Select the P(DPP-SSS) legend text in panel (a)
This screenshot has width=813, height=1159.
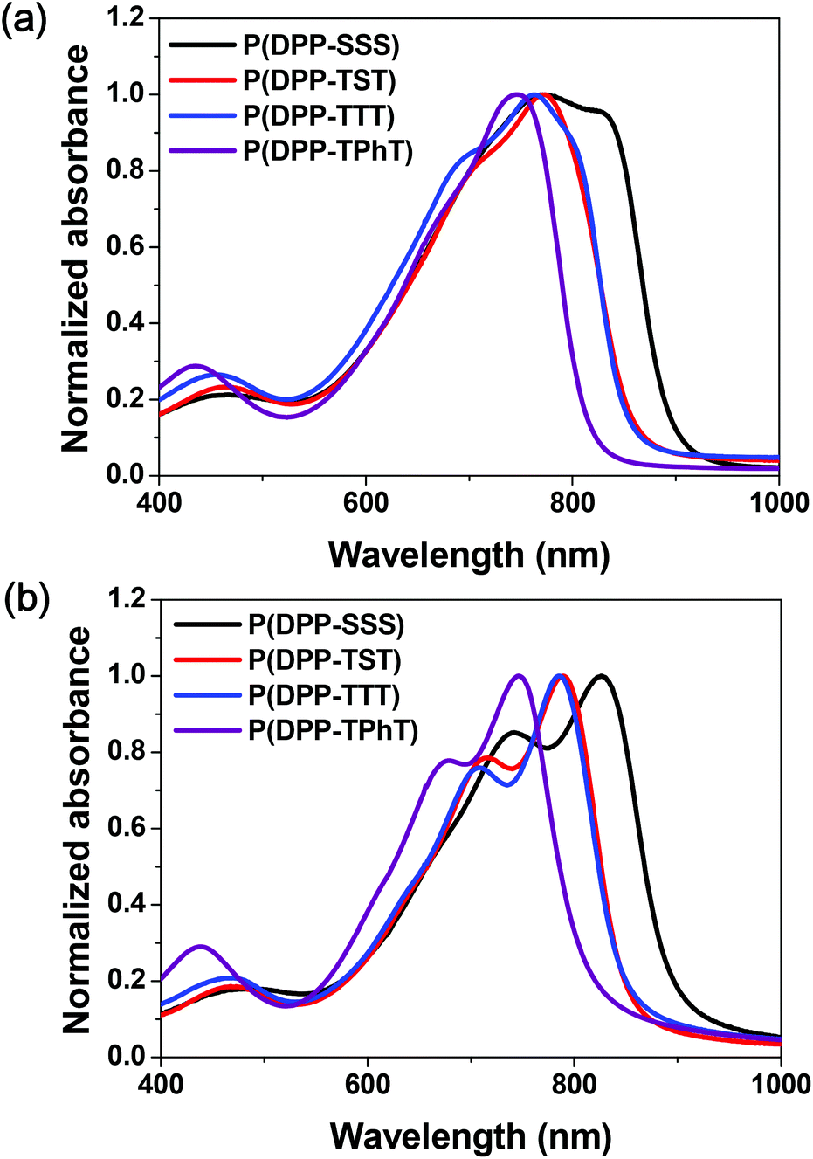(x=320, y=44)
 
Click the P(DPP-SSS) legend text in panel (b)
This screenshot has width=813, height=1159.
(x=326, y=624)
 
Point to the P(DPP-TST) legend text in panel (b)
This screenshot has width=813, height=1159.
(x=325, y=660)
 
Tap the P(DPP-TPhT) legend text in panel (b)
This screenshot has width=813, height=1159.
(x=333, y=730)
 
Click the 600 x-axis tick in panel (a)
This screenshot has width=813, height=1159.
(x=365, y=505)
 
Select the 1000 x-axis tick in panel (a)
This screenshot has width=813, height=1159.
(x=778, y=505)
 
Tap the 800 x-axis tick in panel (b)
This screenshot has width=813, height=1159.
(x=573, y=1086)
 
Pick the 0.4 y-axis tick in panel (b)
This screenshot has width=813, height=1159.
(x=127, y=905)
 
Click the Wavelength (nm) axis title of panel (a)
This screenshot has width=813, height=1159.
(x=468, y=555)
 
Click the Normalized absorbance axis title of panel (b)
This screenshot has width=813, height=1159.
(x=77, y=830)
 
